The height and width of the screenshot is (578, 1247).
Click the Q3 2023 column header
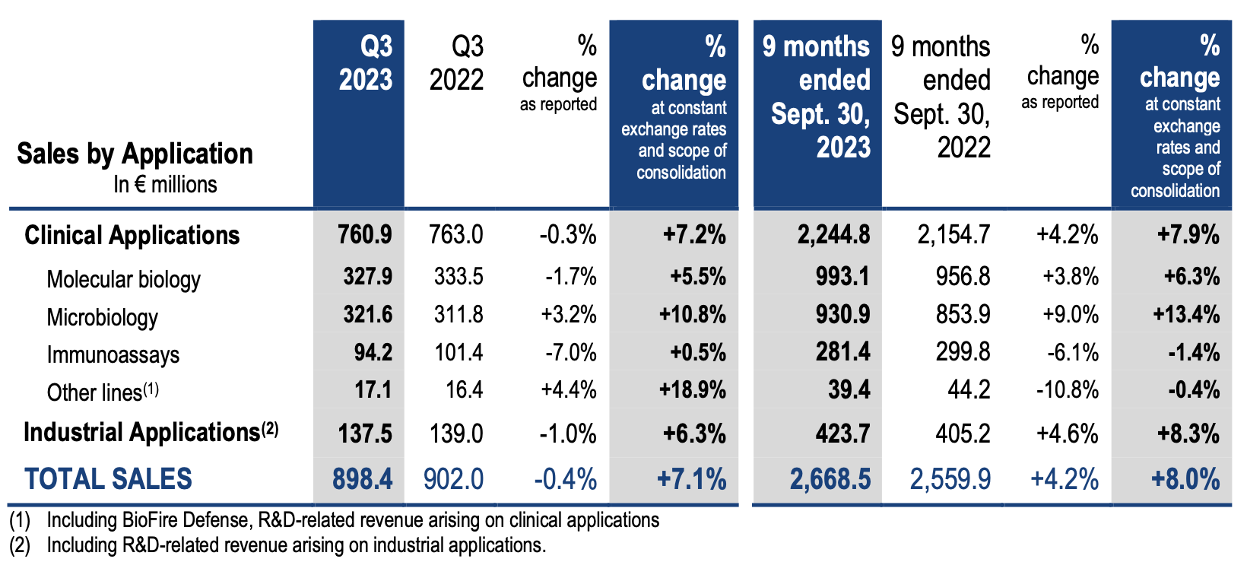click(x=365, y=63)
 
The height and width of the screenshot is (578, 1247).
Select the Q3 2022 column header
click(x=456, y=63)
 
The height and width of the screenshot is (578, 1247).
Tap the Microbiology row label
click(x=103, y=317)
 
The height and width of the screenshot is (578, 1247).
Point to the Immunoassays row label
click(x=113, y=354)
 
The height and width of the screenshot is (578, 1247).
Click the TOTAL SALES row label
click(x=108, y=479)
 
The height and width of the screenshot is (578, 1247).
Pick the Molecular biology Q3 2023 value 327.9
click(x=367, y=276)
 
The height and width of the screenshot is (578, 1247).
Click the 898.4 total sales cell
click(x=363, y=479)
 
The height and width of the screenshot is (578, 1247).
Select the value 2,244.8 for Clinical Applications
click(x=833, y=234)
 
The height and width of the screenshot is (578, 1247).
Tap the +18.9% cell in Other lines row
click(x=692, y=390)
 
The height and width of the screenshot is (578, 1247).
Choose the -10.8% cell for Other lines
click(x=1067, y=390)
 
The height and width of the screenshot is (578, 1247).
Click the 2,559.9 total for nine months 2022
click(x=950, y=479)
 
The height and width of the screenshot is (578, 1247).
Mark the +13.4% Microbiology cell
click(x=1186, y=314)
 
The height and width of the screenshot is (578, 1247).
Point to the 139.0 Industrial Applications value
click(x=456, y=433)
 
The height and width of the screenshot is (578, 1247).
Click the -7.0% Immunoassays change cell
click(x=570, y=353)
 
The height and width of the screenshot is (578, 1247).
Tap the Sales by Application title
click(x=135, y=154)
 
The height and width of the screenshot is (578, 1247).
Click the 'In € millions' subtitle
click(x=165, y=184)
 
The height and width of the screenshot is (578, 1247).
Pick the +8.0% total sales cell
click(x=1185, y=479)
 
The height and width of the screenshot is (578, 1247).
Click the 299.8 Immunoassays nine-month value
click(x=963, y=352)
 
